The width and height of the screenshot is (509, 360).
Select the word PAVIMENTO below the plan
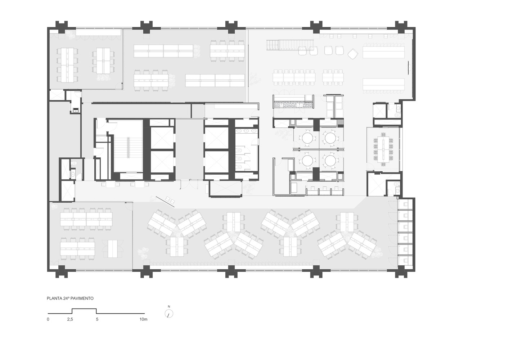click(82, 298)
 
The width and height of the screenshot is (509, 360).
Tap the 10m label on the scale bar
click(143, 319)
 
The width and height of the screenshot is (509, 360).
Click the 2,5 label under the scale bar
click(70, 319)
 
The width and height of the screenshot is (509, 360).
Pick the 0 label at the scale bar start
click(48, 319)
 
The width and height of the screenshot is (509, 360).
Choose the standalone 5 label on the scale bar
click(97, 319)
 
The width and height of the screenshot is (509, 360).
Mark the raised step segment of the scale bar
click(84, 309)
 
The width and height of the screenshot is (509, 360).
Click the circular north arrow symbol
click(169, 314)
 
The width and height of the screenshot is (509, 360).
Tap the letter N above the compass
click(169, 307)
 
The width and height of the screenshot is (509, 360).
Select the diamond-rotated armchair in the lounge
click(353, 54)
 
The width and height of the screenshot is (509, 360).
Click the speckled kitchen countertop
click(293, 104)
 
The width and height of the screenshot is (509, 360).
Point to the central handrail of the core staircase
click(129, 147)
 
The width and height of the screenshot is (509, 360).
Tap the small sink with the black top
click(75, 111)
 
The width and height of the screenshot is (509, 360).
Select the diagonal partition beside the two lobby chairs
click(165, 202)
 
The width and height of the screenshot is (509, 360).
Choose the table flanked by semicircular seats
click(112, 249)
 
